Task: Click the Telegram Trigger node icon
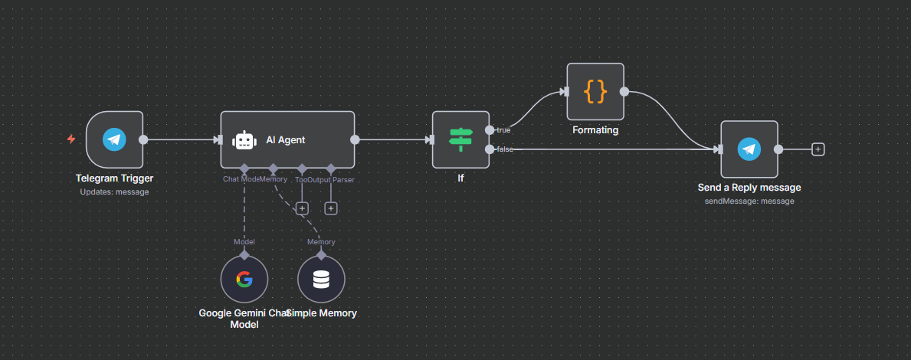tap(114, 139)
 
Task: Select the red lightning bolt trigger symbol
tap(71, 139)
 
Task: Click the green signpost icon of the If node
tap(460, 139)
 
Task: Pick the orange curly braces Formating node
tap(595, 92)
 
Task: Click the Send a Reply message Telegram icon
tap(749, 149)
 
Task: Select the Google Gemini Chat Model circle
tap(244, 280)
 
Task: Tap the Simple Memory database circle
tap(321, 280)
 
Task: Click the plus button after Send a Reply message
tap(818, 149)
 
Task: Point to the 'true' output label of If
tap(503, 129)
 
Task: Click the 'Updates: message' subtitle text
tap(114, 191)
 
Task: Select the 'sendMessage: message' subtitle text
tap(749, 201)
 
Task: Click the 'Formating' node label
tap(595, 130)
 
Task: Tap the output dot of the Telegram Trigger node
tap(143, 139)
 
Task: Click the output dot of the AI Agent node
tap(355, 139)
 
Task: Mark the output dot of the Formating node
tap(624, 92)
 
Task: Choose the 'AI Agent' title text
tap(285, 139)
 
